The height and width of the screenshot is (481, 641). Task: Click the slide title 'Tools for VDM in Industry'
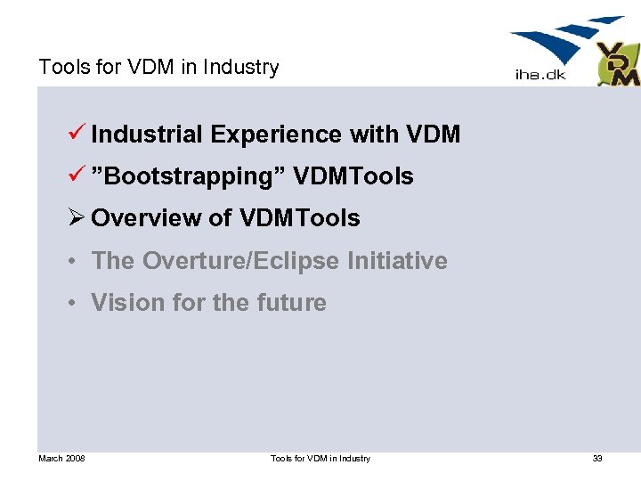pyautogui.click(x=158, y=68)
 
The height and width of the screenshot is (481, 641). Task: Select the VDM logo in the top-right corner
pyautogui.click(x=617, y=65)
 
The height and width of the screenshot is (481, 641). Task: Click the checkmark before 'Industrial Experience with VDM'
pyautogui.click(x=77, y=134)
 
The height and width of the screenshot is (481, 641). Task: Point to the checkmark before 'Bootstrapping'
pyautogui.click(x=77, y=175)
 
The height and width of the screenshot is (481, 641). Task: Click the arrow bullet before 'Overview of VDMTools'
pyautogui.click(x=77, y=218)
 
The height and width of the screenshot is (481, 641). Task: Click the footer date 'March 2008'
pyautogui.click(x=61, y=459)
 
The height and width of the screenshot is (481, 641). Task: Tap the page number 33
pyautogui.click(x=597, y=459)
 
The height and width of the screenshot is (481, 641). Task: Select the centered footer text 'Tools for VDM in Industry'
pyautogui.click(x=320, y=459)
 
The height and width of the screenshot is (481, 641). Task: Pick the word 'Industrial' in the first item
pyautogui.click(x=148, y=135)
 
